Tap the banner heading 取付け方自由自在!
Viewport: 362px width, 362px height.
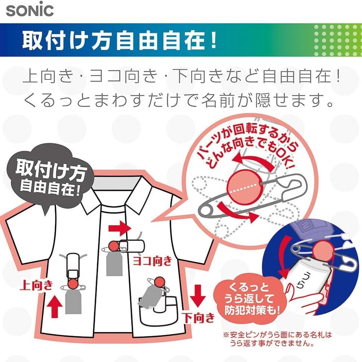pyautogui.click(x=119, y=41)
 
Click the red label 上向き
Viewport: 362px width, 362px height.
pyautogui.click(x=37, y=285)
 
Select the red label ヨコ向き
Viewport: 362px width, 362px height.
pyautogui.click(x=152, y=261)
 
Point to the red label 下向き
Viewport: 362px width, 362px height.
pyautogui.click(x=198, y=318)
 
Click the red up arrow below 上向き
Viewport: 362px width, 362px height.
pyautogui.click(x=54, y=307)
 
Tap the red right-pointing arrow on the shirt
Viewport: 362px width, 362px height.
pyautogui.click(x=120, y=229)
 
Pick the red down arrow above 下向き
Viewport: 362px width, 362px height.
pyautogui.click(x=198, y=296)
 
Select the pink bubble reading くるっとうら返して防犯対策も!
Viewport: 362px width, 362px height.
pyautogui.click(x=251, y=299)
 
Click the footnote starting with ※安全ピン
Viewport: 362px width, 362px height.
pyautogui.click(x=277, y=339)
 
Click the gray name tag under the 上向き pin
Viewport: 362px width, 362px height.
pyautogui.click(x=74, y=302)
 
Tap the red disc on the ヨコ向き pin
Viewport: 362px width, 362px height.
pyautogui.click(x=114, y=246)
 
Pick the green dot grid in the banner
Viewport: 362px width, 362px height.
pyautogui.click(x=338, y=41)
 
